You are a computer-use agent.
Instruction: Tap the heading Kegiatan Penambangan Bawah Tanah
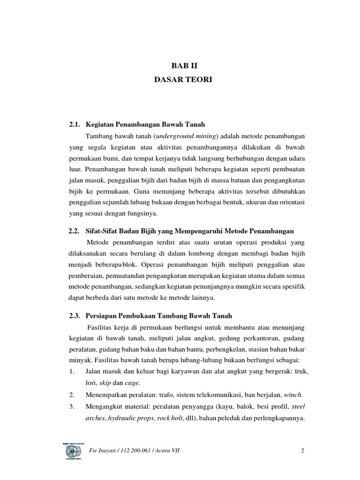pyautogui.click(x=146, y=124)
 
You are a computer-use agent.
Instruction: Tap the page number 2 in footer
pyautogui.click(x=303, y=451)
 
